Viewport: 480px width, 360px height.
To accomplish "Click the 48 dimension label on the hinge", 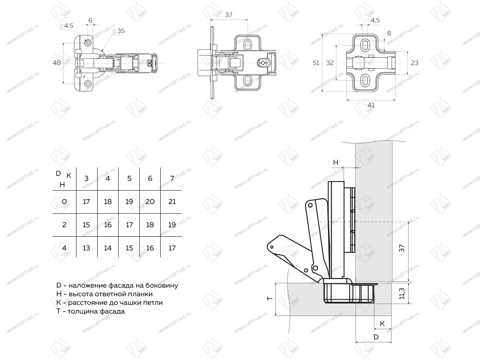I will [x=57, y=63].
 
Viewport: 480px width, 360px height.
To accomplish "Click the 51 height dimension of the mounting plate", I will [x=316, y=63].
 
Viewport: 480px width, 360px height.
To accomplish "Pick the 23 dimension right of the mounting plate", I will [x=414, y=63].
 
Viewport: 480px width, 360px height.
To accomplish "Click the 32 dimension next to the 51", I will [x=330, y=63].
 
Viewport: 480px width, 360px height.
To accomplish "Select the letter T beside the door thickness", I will [x=270, y=298].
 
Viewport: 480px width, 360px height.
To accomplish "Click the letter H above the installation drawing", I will [x=336, y=162].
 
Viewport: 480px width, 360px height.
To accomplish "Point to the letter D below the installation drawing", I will [x=376, y=337].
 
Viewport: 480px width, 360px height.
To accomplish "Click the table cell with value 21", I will [x=172, y=202].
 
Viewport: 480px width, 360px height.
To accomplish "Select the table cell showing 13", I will [x=86, y=248].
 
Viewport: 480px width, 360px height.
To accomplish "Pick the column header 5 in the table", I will [x=129, y=178].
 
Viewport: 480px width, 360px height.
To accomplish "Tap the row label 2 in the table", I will [x=64, y=225].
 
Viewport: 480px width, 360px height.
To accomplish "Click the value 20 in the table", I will [x=150, y=202].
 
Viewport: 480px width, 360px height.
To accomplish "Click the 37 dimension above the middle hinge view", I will [x=228, y=15].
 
